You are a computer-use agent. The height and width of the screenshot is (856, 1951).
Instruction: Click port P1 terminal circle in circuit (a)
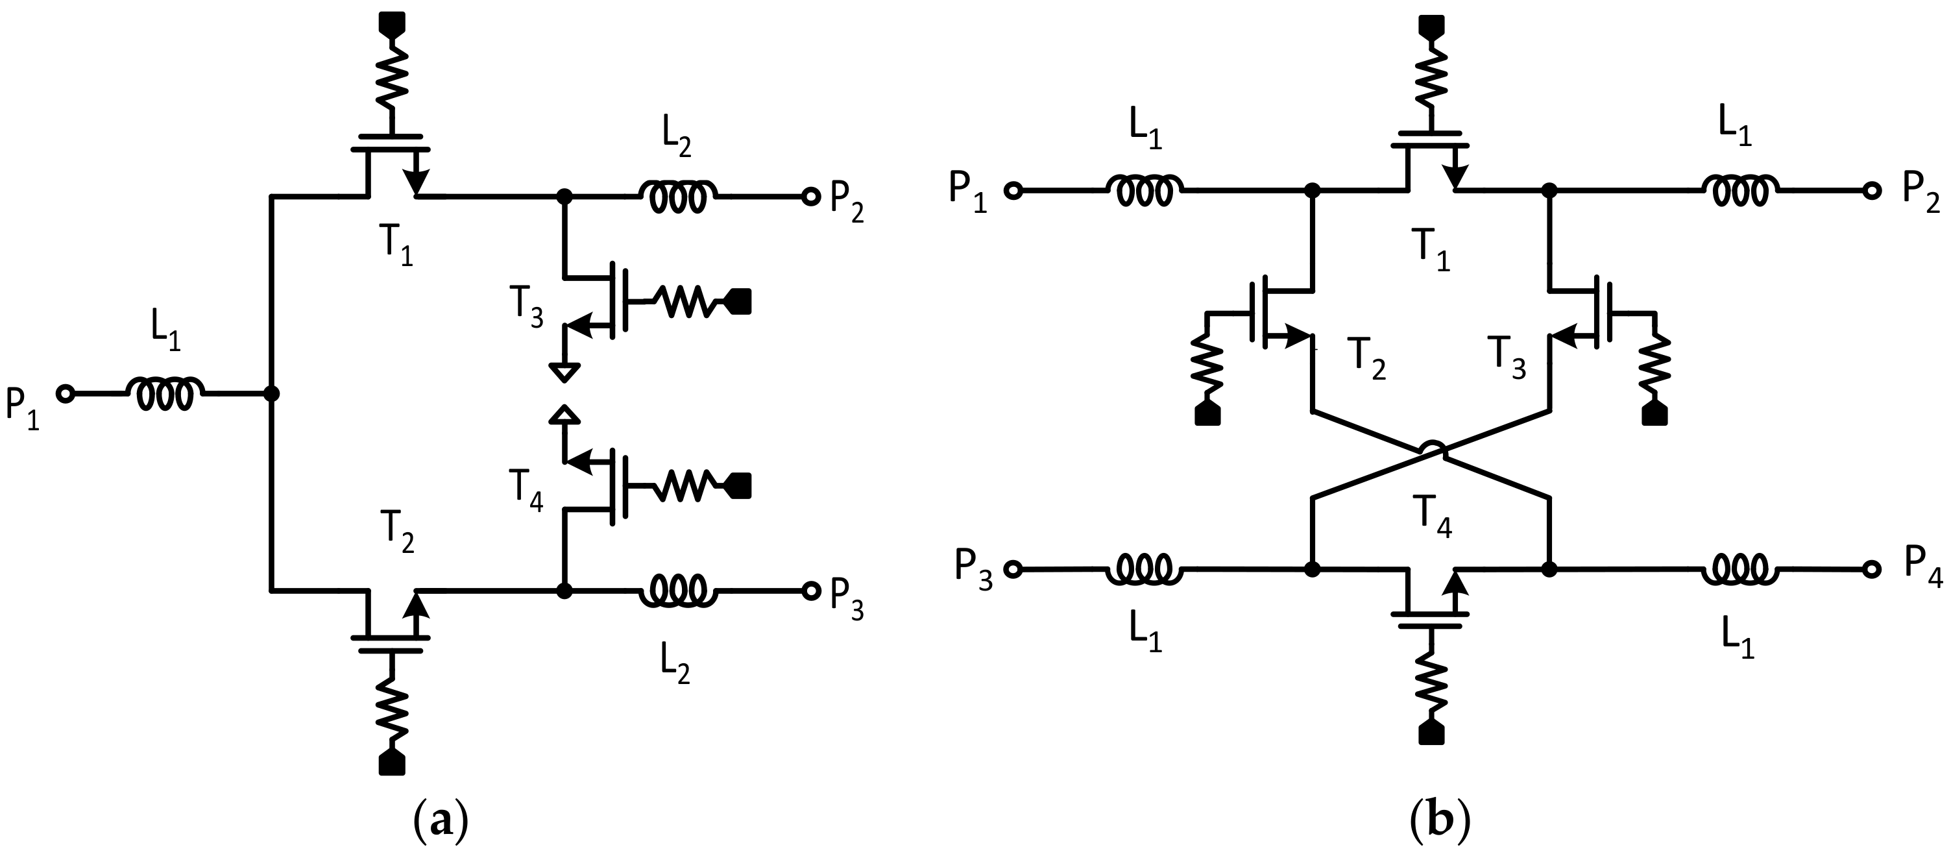click(x=66, y=394)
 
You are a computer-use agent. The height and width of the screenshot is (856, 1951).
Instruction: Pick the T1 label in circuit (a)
click(x=398, y=244)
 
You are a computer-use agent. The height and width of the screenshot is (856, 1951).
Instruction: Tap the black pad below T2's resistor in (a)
click(x=392, y=762)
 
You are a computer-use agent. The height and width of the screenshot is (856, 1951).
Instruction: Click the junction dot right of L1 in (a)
click(x=271, y=394)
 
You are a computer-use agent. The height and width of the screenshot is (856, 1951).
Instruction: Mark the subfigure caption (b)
click(x=1441, y=822)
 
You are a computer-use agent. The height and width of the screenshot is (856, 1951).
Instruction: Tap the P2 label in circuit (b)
click(x=1921, y=195)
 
